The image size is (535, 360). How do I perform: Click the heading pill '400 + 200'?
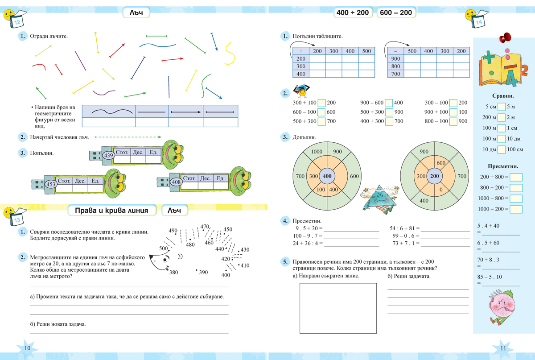pos(353,12)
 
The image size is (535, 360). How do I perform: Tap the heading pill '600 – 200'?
pos(396,12)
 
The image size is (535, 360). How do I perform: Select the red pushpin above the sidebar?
pos(505,37)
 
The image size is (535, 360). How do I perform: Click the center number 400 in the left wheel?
pos(327,176)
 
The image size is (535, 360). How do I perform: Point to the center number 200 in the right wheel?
pos(434,176)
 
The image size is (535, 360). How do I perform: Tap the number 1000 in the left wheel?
pos(317,152)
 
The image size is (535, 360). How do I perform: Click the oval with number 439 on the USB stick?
pos(108,155)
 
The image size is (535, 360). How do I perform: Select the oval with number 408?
pos(176,182)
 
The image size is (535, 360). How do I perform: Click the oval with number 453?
pos(51,184)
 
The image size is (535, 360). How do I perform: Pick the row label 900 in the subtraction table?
pos(395,58)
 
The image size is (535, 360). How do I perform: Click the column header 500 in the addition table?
pos(366,51)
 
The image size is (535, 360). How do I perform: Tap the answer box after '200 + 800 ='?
pos(516,177)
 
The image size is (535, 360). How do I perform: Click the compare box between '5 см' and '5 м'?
pos(502,107)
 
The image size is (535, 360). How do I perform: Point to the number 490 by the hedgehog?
pos(173,231)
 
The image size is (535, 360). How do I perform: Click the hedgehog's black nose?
pos(151,257)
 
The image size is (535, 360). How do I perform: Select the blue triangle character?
pos(379,199)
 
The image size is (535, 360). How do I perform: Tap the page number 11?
pos(503,348)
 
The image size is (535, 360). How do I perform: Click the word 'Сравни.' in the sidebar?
pos(503,96)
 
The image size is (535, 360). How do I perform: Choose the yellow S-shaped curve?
pos(230,54)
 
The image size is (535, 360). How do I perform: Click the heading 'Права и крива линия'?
pos(111,211)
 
